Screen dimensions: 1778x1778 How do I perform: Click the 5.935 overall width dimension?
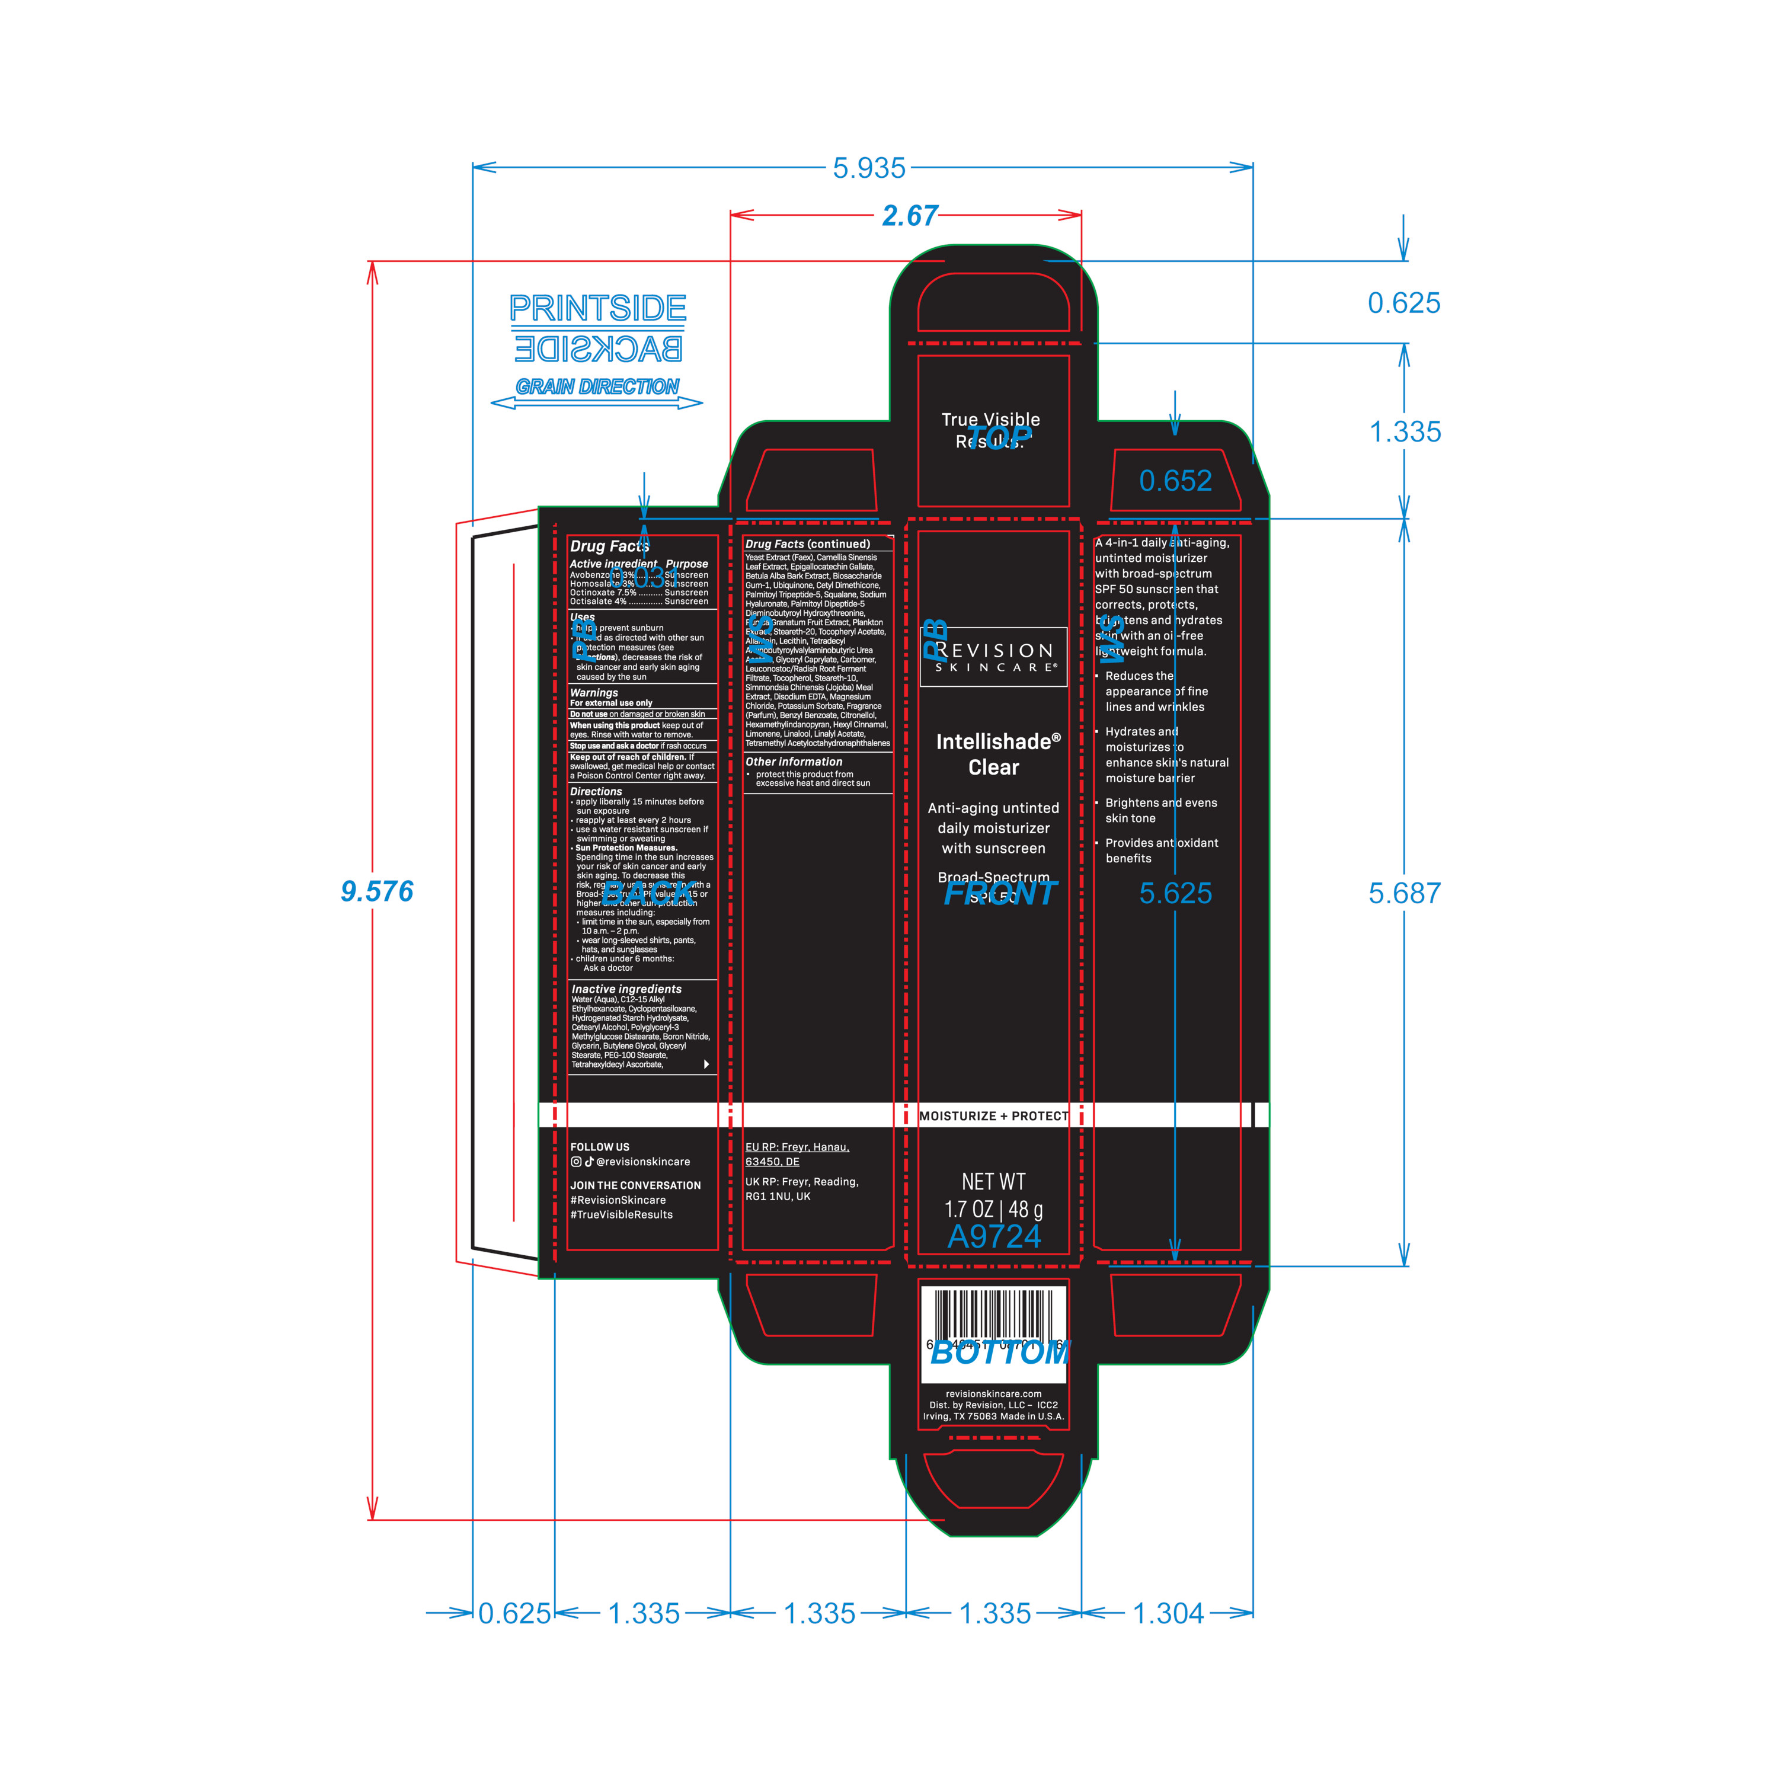pyautogui.click(x=869, y=168)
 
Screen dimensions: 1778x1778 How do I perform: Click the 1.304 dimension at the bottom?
pyautogui.click(x=1168, y=1613)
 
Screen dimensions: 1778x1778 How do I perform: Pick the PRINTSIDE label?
pyautogui.click(x=598, y=308)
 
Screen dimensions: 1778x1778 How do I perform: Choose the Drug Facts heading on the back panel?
pyautogui.click(x=609, y=546)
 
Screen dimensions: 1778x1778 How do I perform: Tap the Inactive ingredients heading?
pyautogui.click(x=626, y=989)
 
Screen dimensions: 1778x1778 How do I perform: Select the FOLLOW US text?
pyautogui.click(x=600, y=1147)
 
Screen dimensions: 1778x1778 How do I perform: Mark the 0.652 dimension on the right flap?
pyautogui.click(x=1175, y=481)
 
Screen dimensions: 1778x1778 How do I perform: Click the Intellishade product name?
pyautogui.click(x=997, y=742)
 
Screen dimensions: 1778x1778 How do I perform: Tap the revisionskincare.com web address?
pyautogui.click(x=994, y=1394)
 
